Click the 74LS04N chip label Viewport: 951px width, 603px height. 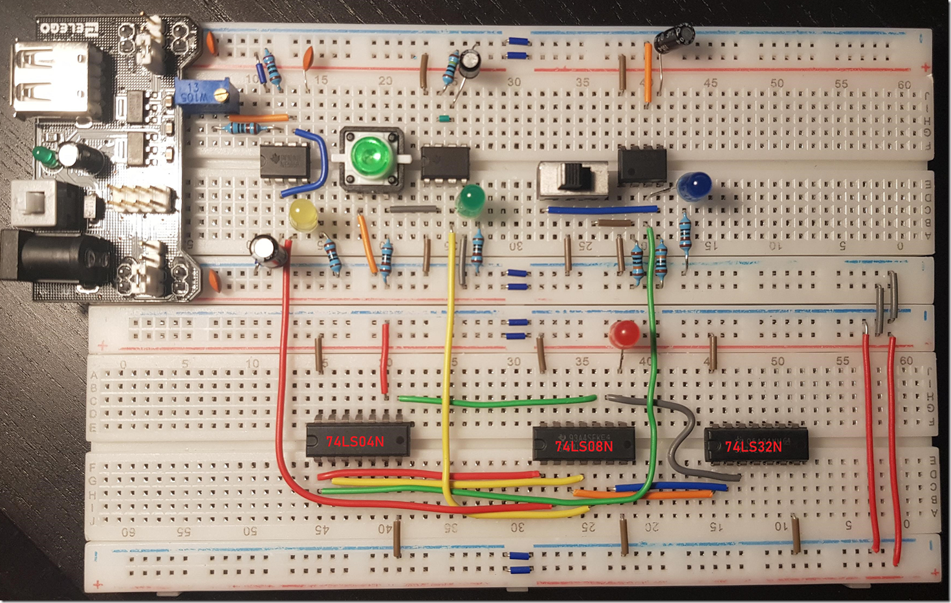[x=355, y=442]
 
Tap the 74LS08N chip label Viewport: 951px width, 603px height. [x=584, y=446]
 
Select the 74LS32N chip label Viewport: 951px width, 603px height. [x=753, y=446]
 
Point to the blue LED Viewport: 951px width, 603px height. [x=694, y=185]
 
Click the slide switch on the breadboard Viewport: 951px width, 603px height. [x=573, y=179]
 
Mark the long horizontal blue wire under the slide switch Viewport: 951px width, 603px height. [x=602, y=210]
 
